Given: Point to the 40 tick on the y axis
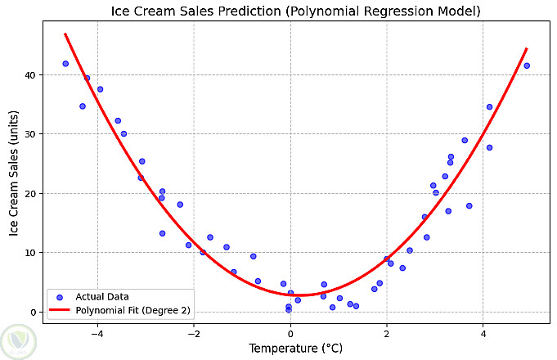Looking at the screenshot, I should [30, 75].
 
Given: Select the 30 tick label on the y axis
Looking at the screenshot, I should [30, 134].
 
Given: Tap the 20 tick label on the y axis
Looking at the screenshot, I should [30, 194].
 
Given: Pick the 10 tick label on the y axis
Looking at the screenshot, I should [30, 253].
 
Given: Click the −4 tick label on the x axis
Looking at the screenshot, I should [97, 332].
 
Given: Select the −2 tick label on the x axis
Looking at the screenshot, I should [194, 332].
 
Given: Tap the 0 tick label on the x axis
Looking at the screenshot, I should [290, 332].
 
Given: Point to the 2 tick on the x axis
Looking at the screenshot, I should [387, 332].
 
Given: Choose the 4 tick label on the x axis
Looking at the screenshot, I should [483, 332].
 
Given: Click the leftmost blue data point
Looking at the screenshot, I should [65, 64].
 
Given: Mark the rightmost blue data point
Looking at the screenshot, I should [527, 65].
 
